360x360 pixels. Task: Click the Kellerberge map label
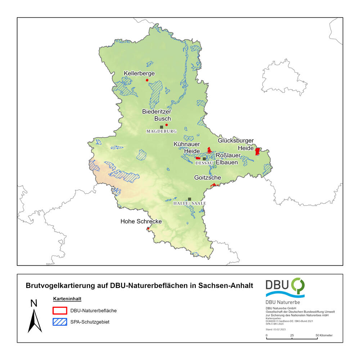pyautogui.click(x=139, y=73)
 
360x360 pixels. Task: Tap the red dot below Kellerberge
pyautogui.click(x=147, y=80)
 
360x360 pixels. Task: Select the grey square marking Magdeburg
pyautogui.click(x=162, y=127)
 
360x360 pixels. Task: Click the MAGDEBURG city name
pyautogui.click(x=162, y=132)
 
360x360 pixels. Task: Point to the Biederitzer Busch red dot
pyautogui.click(x=166, y=125)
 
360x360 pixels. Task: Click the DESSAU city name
pyautogui.click(x=204, y=163)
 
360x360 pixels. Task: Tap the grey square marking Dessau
pyautogui.click(x=204, y=159)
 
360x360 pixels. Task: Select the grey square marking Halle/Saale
pyautogui.click(x=189, y=199)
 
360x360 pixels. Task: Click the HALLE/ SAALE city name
pyautogui.click(x=189, y=203)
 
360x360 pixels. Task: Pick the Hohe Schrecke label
pyautogui.click(x=141, y=221)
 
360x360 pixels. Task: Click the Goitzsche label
pyautogui.click(x=207, y=177)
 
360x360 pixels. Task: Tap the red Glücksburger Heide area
pyautogui.click(x=257, y=151)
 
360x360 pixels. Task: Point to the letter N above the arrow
pyautogui.click(x=34, y=303)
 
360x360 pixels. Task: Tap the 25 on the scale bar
pyautogui.click(x=292, y=336)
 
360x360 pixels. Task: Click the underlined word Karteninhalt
pyautogui.click(x=67, y=299)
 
